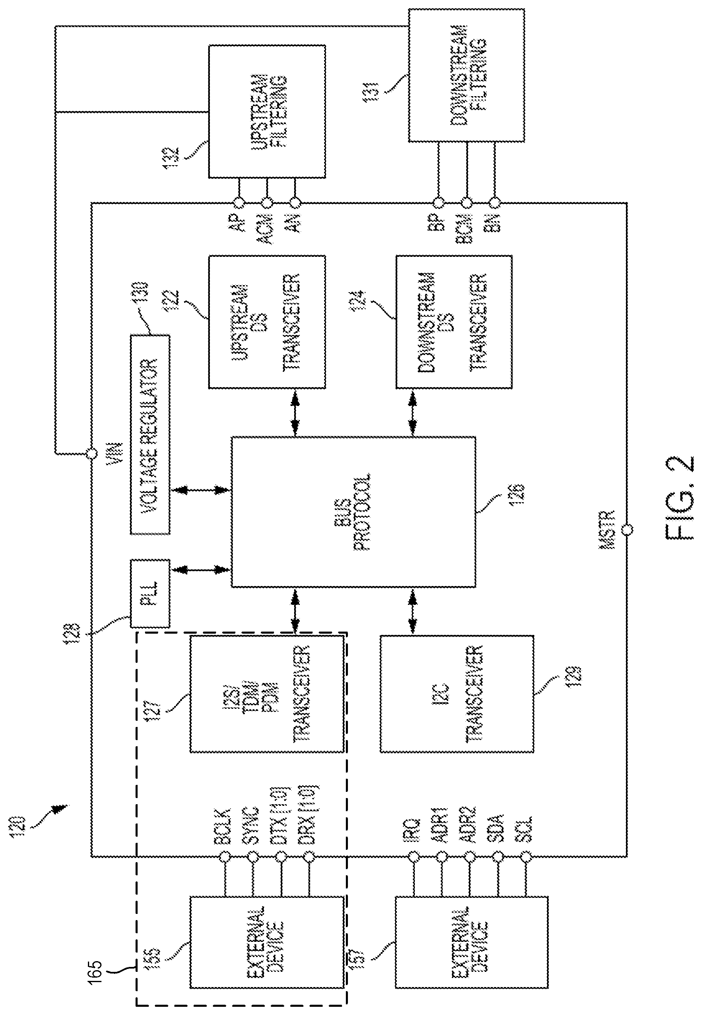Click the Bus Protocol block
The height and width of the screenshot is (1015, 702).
click(353, 512)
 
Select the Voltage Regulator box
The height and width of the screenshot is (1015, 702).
click(150, 435)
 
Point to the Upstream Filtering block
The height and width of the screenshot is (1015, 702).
click(267, 111)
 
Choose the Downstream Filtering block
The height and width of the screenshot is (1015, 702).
click(466, 75)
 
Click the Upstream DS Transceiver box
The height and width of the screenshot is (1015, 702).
click(267, 322)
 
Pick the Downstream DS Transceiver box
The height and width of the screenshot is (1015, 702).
click(453, 322)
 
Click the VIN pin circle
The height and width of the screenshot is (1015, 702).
click(92, 453)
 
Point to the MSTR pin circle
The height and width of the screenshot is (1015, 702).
click(627, 529)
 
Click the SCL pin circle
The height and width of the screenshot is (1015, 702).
click(526, 857)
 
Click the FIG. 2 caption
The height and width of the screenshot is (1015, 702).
click(679, 497)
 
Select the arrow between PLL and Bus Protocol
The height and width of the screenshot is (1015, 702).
click(200, 570)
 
